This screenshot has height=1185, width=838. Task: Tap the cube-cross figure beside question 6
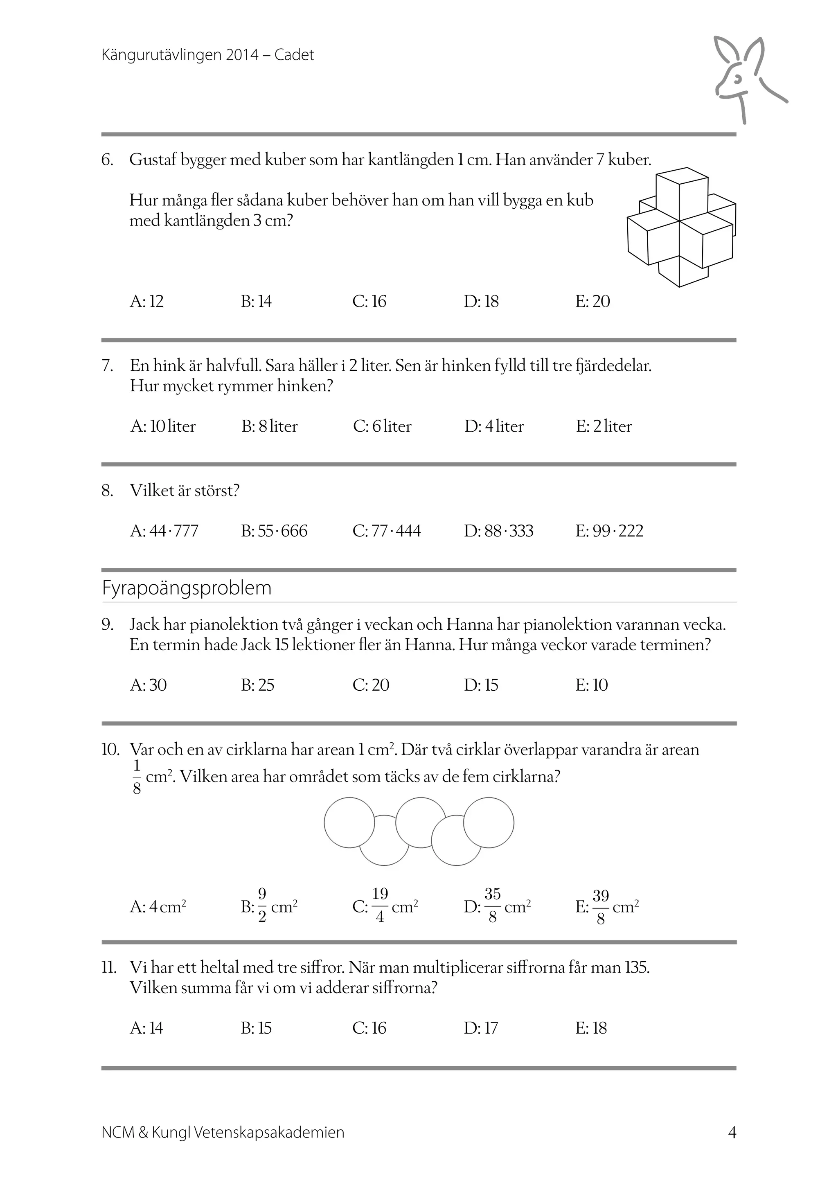click(x=680, y=227)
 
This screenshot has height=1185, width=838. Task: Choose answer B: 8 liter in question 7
click(x=269, y=426)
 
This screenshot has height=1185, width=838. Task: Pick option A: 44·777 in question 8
click(x=164, y=531)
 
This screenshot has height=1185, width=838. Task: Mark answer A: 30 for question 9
click(x=148, y=685)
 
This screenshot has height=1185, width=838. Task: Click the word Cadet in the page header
click(x=294, y=55)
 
